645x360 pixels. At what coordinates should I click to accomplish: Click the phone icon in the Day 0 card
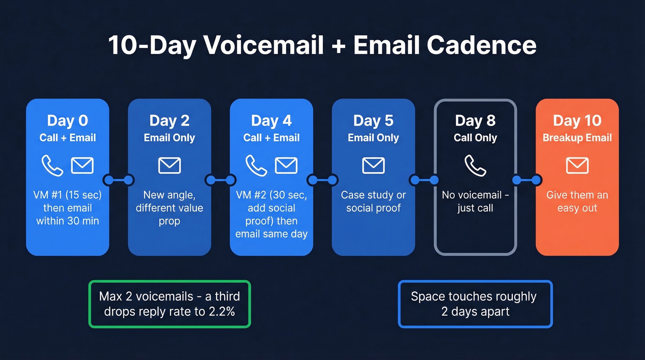[52, 165]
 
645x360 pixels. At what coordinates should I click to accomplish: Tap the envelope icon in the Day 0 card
[82, 165]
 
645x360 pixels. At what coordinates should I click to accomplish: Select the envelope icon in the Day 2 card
[170, 165]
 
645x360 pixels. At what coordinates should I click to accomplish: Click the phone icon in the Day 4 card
[256, 165]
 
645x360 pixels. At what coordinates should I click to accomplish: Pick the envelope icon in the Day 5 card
[373, 165]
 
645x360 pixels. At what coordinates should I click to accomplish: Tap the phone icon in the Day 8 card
[475, 165]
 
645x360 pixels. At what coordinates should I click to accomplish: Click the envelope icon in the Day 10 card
[577, 165]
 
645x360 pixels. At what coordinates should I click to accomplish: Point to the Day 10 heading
[577, 121]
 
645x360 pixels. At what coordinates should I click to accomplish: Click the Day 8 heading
[475, 121]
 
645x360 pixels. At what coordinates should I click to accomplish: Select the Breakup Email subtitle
[577, 138]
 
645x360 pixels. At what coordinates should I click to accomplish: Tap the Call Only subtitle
[475, 138]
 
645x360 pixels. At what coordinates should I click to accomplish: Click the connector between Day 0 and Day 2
[118, 179]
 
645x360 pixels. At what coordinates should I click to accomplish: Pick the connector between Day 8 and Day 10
[526, 179]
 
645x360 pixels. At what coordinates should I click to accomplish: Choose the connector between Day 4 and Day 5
[322, 179]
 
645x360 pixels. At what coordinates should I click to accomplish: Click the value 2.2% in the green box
[220, 312]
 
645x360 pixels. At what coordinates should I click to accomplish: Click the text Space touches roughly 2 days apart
[475, 304]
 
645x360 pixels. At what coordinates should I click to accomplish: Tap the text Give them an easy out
[577, 201]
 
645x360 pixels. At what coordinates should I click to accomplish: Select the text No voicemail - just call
[475, 201]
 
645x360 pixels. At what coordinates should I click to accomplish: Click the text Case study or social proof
[373, 201]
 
